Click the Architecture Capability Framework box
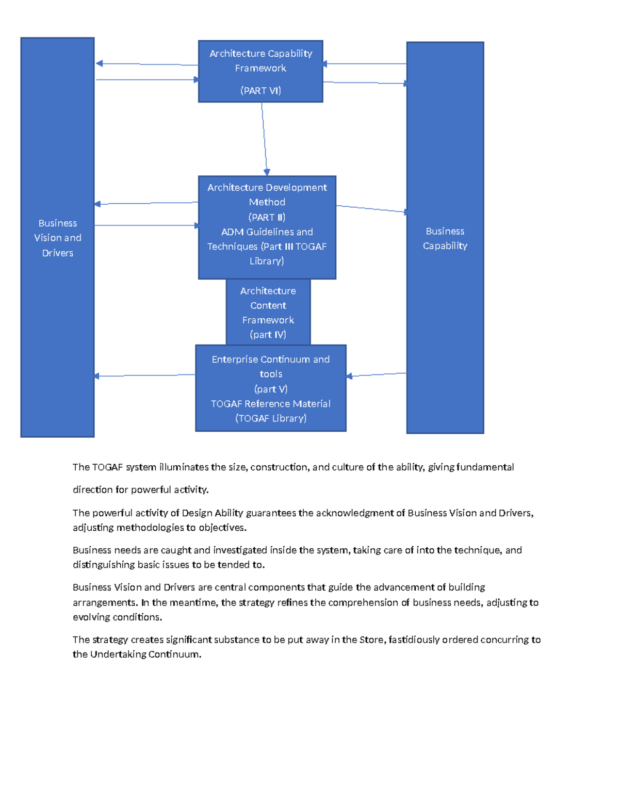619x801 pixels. (260, 71)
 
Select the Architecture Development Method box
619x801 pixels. (267, 227)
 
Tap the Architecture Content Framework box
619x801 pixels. (268, 312)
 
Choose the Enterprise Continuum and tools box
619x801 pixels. (270, 388)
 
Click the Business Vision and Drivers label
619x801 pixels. (58, 238)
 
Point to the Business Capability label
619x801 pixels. (445, 238)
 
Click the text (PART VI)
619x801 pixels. (260, 91)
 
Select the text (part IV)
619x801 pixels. (268, 335)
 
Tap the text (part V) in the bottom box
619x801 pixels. (271, 389)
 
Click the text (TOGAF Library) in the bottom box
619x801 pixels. (271, 418)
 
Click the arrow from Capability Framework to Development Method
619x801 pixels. (264, 139)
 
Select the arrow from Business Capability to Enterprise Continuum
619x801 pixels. (377, 374)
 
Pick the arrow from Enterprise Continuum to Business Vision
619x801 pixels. (144, 375)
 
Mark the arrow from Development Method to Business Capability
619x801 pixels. (371, 209)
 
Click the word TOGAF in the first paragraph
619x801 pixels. (107, 467)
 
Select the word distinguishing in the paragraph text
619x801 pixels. (104, 565)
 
